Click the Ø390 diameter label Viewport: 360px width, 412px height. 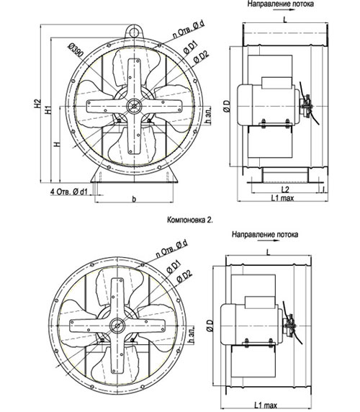click(76, 50)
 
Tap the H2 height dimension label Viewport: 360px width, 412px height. click(37, 103)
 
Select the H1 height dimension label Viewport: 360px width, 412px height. click(48, 109)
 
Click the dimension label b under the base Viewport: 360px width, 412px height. click(134, 200)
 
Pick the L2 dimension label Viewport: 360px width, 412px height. click(285, 189)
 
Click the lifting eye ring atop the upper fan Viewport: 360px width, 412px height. click(134, 32)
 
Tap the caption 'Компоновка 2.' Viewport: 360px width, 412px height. click(190, 220)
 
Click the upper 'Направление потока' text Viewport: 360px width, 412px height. click(280, 4)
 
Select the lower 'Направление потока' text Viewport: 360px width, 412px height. click(265, 234)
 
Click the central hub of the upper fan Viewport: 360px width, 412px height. click(134, 106)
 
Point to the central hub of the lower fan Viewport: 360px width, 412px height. click(117, 326)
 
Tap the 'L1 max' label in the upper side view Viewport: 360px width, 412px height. click(282, 198)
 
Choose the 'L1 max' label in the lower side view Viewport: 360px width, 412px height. click(265, 406)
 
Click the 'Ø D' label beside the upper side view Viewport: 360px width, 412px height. click(227, 106)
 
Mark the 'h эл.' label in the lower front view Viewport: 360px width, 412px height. click(192, 334)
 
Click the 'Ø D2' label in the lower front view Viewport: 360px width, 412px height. click(184, 276)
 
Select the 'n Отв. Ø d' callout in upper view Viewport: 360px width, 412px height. click(188, 29)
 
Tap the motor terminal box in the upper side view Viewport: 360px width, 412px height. click(276, 82)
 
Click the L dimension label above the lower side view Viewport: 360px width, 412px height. click(268, 253)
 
